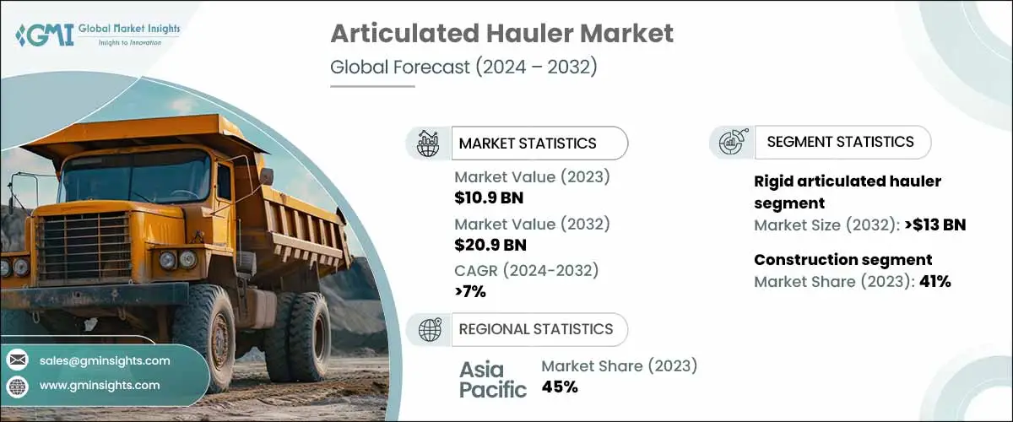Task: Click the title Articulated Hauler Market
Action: [501, 34]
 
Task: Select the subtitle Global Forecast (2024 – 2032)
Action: [463, 67]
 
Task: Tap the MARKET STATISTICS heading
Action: [527, 143]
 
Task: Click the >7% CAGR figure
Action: [470, 291]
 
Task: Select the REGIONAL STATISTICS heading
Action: [535, 329]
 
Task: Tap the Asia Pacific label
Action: [493, 379]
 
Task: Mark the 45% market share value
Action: [560, 387]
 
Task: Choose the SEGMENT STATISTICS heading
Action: [840, 142]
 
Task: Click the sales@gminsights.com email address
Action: [105, 360]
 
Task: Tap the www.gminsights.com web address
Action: [99, 385]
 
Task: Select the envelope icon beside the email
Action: [17, 360]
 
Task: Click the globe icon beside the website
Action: [17, 386]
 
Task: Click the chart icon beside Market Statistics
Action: [429, 143]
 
